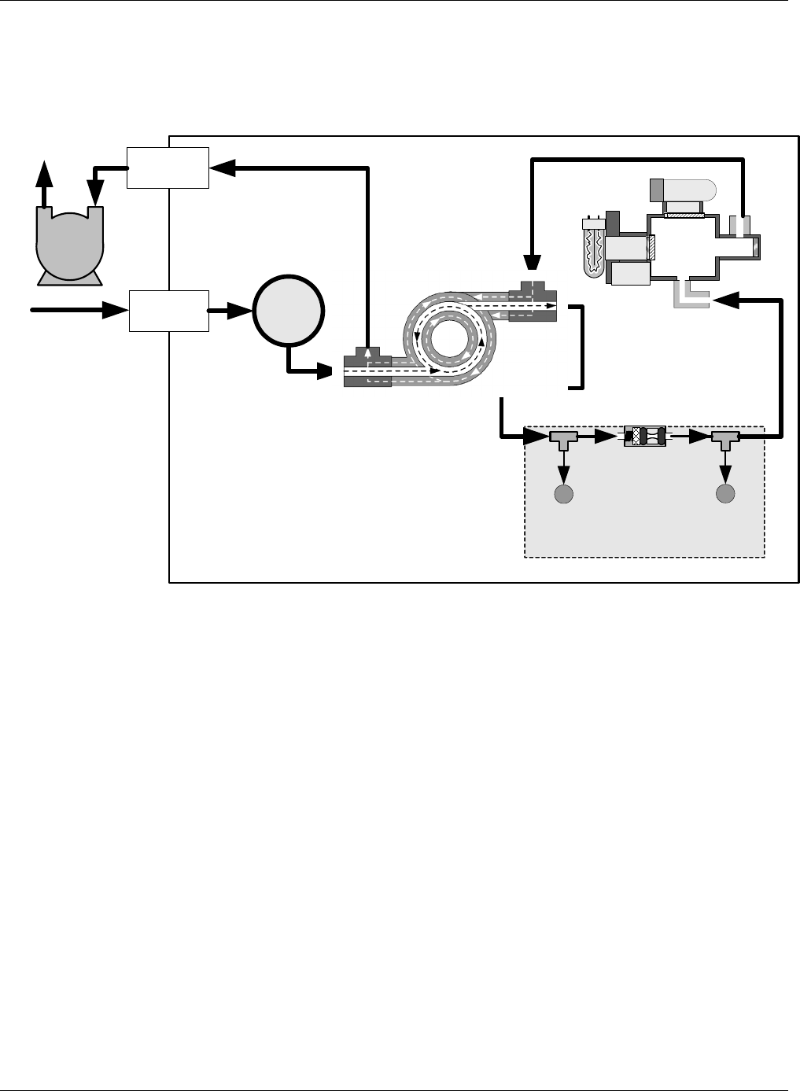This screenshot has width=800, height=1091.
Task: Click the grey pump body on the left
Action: [68, 240]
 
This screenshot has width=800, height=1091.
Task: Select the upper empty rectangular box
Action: [168, 167]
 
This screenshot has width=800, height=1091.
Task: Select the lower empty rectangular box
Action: [168, 310]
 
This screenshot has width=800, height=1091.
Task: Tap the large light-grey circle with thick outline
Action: [288, 311]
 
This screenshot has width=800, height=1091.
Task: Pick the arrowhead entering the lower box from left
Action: [116, 310]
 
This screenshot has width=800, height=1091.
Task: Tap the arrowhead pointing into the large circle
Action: [240, 311]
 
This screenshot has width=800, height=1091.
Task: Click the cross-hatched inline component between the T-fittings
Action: [644, 437]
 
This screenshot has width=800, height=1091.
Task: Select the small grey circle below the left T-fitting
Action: [563, 494]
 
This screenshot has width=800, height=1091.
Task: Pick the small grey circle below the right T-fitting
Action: [725, 494]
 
